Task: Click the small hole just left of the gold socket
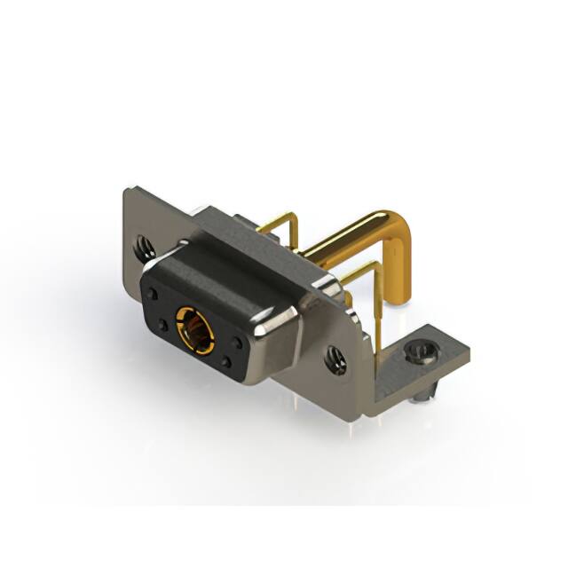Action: click(x=162, y=326)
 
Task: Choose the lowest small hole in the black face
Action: click(x=227, y=363)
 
